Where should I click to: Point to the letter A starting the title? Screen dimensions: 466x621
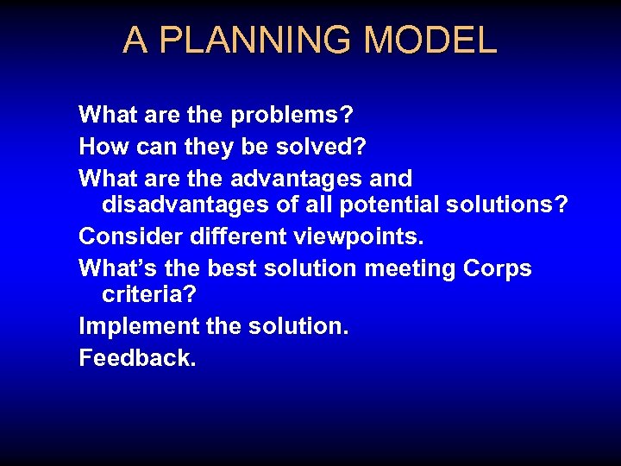pos(135,41)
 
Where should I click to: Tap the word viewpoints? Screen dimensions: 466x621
pos(362,236)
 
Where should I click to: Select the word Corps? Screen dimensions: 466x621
pos(498,268)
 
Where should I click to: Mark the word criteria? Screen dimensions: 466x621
pos(149,294)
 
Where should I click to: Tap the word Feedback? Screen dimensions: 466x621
pos(137,358)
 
